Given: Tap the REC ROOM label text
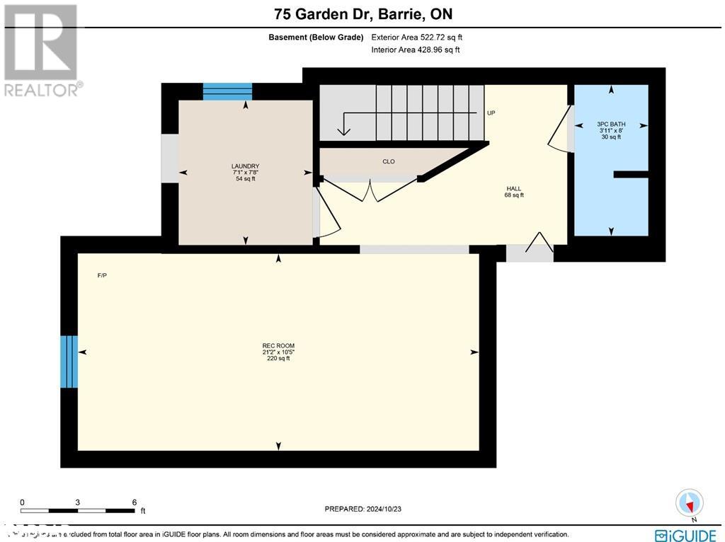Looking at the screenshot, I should [x=278, y=346].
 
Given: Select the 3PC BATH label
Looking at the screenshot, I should [x=610, y=125].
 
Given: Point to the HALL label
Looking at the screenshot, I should [x=514, y=188].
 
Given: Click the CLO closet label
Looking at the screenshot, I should [x=389, y=162].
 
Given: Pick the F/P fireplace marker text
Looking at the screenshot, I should [x=102, y=275].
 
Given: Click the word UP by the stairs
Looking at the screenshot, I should [x=491, y=113].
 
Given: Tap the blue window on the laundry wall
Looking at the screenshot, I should [x=227, y=91].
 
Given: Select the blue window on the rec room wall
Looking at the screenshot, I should [x=69, y=362].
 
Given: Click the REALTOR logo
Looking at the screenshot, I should [x=41, y=50].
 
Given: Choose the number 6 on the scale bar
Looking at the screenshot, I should [x=134, y=501].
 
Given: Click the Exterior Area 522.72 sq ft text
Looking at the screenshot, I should [x=417, y=38].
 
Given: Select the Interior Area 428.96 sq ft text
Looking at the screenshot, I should [x=416, y=50].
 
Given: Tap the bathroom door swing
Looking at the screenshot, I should [x=560, y=127].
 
